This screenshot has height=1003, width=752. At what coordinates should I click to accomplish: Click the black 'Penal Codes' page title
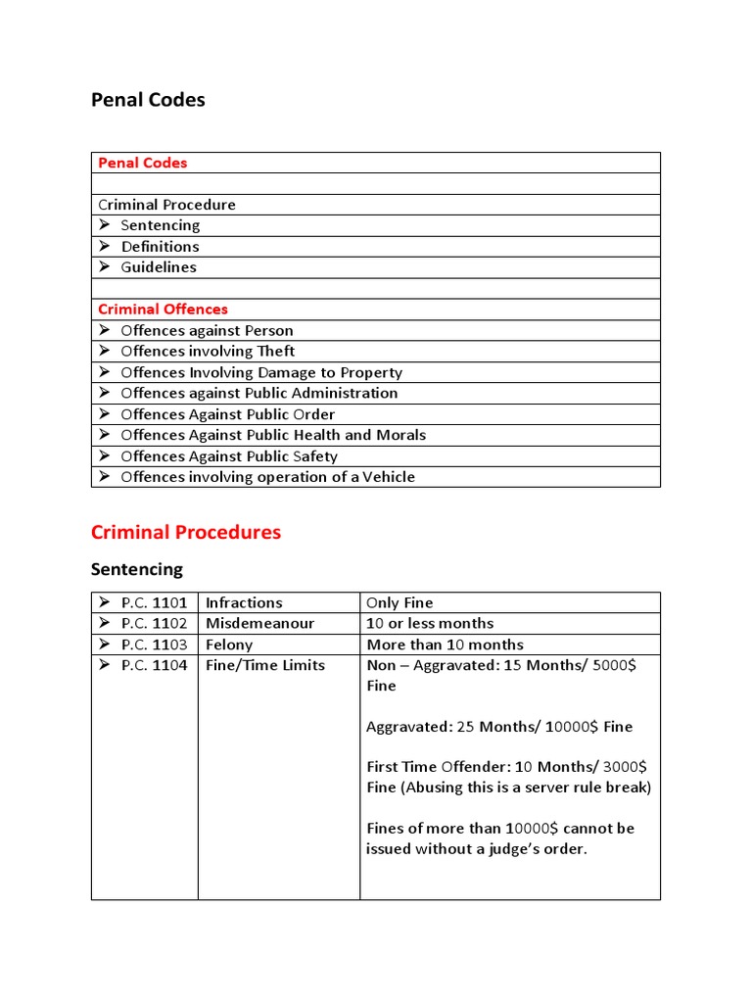click(x=148, y=100)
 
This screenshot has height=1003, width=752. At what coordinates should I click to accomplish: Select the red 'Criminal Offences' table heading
click(x=163, y=310)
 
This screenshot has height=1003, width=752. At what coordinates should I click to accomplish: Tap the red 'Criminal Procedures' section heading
click(x=186, y=533)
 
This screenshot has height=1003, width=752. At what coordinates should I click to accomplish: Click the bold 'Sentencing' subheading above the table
click(x=136, y=569)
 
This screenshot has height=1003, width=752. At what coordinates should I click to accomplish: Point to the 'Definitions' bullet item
click(x=160, y=247)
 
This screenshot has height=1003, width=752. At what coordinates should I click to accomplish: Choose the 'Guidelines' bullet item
click(x=159, y=267)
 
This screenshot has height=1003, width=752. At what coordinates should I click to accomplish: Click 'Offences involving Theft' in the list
click(x=208, y=352)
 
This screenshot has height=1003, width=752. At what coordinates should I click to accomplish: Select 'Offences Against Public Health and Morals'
click(x=273, y=435)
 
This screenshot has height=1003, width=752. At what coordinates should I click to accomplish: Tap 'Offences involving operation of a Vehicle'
click(x=267, y=477)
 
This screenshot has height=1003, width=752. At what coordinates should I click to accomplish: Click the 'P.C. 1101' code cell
click(x=154, y=603)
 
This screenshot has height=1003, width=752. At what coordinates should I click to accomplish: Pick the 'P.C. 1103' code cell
click(x=154, y=645)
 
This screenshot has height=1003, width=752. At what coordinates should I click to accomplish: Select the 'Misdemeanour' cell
click(x=259, y=624)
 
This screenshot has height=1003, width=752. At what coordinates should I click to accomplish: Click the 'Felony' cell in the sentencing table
click(x=229, y=645)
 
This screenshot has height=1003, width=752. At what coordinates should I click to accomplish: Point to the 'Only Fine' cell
click(x=399, y=603)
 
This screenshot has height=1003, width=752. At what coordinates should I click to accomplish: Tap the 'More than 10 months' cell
click(x=445, y=645)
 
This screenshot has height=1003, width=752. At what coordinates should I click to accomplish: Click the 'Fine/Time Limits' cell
click(x=264, y=665)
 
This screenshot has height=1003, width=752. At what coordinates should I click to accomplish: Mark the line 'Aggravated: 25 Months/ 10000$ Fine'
click(x=499, y=727)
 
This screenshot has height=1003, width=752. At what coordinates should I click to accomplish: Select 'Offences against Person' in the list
click(x=207, y=331)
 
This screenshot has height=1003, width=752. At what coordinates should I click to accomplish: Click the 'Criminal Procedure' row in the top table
click(x=167, y=205)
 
